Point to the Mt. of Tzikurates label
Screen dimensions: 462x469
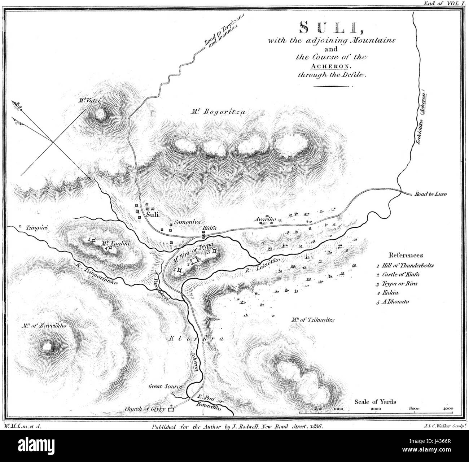[x=312, y=320]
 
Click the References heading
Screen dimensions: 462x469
[x=406, y=255]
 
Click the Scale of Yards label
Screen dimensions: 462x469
[x=375, y=401]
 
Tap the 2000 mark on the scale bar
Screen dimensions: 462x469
[x=376, y=409]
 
